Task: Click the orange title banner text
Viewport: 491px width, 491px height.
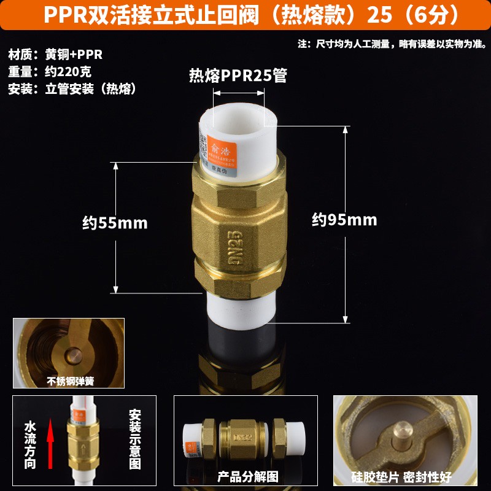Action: pyautogui.click(x=245, y=15)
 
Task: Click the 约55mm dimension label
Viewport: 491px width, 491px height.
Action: pyautogui.click(x=115, y=223)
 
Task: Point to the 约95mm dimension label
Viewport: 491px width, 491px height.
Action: pyautogui.click(x=344, y=220)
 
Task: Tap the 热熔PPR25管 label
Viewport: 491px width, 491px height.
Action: pyautogui.click(x=238, y=76)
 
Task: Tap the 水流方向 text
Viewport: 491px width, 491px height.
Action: pyautogui.click(x=29, y=444)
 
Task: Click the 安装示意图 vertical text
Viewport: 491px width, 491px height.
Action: pyautogui.click(x=135, y=439)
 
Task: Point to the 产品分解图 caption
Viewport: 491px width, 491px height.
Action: pyautogui.click(x=247, y=476)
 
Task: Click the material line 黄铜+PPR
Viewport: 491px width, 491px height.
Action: pyautogui.click(x=56, y=54)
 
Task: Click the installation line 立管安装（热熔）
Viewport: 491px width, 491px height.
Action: pyautogui.click(x=71, y=88)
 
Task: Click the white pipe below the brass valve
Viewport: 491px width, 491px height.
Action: pyautogui.click(x=240, y=310)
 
